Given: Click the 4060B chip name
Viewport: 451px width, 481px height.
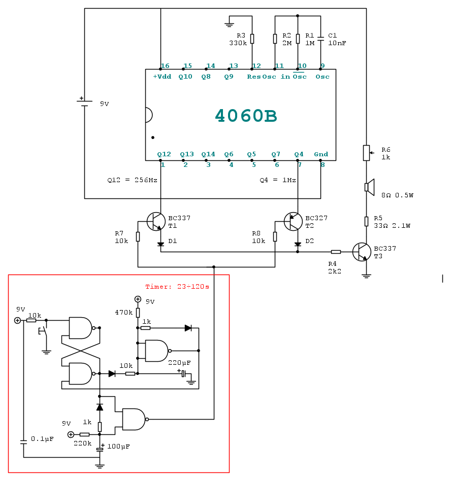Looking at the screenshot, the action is coord(246,116).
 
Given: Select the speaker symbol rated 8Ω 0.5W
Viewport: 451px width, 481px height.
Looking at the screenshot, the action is coord(370,187).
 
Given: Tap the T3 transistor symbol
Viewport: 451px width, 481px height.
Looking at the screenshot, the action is coord(361,252).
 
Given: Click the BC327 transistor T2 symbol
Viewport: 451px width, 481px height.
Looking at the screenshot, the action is coord(293,221).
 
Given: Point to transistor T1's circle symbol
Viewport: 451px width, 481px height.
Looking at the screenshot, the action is coord(156,221).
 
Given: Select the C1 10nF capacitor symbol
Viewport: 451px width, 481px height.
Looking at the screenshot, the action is coord(320,39).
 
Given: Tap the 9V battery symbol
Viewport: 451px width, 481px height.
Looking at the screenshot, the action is coord(84,101).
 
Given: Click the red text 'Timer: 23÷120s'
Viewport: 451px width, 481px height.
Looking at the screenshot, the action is coord(177,287).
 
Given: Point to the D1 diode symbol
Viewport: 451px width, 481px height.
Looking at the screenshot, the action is coord(160,244).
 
